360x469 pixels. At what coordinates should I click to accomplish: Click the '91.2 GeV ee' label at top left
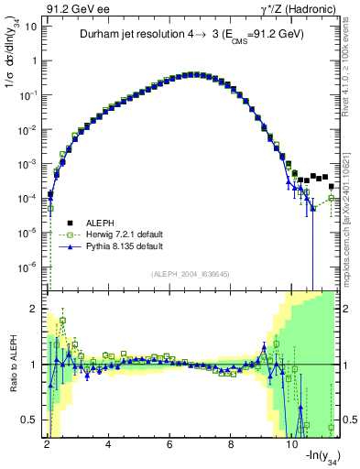pyautogui.click(x=75, y=8)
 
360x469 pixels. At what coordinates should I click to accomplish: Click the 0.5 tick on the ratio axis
pyautogui.click(x=30, y=420)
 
